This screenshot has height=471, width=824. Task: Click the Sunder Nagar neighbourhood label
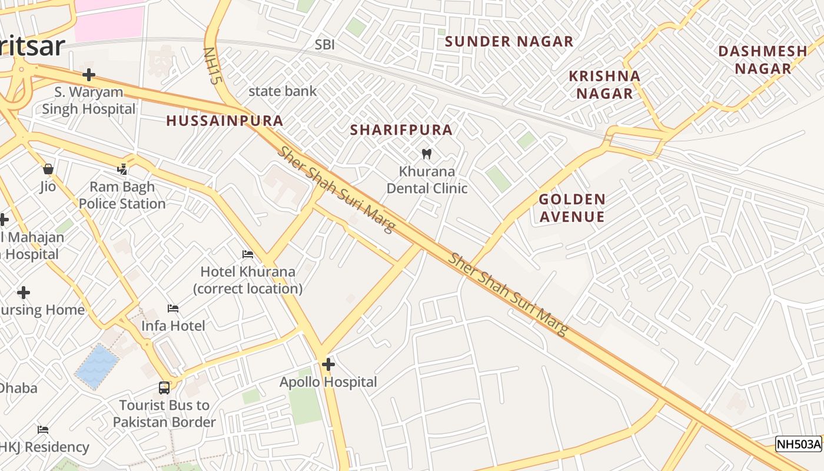click(x=509, y=41)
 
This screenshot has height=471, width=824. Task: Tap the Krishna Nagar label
click(x=604, y=84)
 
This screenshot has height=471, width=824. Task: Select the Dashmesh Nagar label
click(x=763, y=59)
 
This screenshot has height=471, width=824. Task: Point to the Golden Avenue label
click(x=572, y=208)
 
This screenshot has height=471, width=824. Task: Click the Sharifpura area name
click(x=401, y=130)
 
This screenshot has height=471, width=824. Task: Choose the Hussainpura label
click(x=225, y=121)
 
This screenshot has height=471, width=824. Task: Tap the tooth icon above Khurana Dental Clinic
click(x=427, y=154)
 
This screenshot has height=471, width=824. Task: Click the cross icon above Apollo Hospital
click(x=328, y=365)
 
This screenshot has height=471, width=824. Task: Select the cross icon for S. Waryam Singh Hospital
click(x=89, y=75)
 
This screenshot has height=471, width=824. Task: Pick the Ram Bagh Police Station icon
click(x=122, y=170)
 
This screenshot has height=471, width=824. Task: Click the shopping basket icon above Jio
click(x=48, y=170)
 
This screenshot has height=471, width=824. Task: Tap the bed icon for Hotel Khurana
click(x=248, y=254)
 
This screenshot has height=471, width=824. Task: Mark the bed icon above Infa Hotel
click(x=173, y=309)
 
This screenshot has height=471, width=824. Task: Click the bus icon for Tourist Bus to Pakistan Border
click(x=164, y=388)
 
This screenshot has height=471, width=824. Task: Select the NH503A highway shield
click(x=798, y=444)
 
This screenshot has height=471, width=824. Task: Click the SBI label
click(x=324, y=45)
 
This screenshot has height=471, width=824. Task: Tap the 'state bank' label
click(x=283, y=91)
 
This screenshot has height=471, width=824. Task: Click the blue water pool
click(x=97, y=367)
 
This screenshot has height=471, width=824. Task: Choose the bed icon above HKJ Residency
click(x=43, y=430)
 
